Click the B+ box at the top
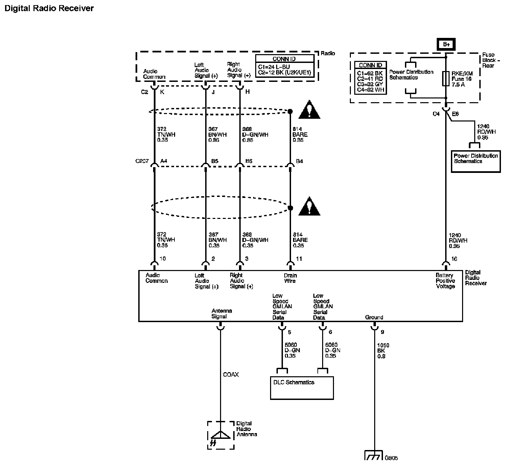point(446,44)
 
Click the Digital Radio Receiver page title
point(49,8)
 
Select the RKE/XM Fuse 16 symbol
point(446,79)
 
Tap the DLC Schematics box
point(302,388)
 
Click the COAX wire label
point(231,375)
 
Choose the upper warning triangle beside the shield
point(309,110)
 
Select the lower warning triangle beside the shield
point(309,206)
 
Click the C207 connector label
point(142,161)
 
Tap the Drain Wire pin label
point(290,278)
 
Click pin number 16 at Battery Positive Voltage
point(454,259)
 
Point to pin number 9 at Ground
point(382,332)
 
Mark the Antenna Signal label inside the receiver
point(221,314)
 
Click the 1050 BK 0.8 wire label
point(383,351)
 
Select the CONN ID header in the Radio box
point(284,59)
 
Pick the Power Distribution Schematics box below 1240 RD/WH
point(476,161)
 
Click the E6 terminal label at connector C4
point(455,114)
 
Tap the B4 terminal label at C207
point(299,161)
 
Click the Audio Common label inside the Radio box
point(154,74)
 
